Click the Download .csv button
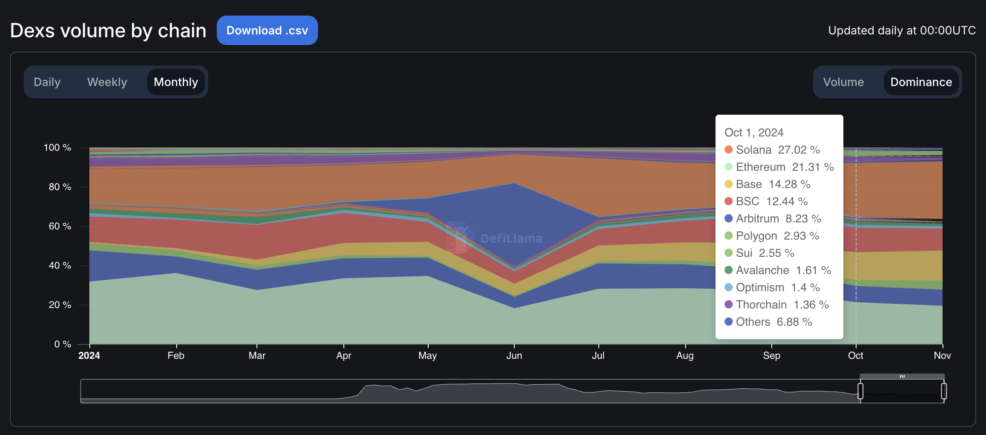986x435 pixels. pos(267,30)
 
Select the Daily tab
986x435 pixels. pos(47,82)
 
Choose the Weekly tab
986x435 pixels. pos(107,82)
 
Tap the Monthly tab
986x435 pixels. pos(176,82)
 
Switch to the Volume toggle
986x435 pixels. pos(843,82)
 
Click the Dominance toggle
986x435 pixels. pos(921,82)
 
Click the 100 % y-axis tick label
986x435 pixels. pos(57,147)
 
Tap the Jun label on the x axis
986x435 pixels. pos(514,356)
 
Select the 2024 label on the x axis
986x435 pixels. pos(89,356)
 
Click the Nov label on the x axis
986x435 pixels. pos(942,356)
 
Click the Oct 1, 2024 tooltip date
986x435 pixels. pos(754,133)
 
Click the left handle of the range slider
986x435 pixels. pos(861,391)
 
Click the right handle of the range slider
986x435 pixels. pos(944,391)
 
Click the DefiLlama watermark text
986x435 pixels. pos(511,238)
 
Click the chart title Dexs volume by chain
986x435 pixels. pos(108,31)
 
